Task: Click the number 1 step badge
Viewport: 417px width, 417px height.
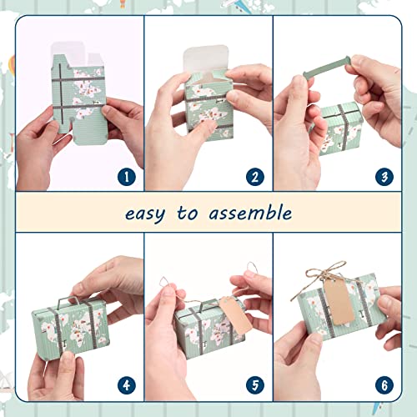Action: point(126,176)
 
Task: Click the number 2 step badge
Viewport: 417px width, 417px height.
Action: point(255,176)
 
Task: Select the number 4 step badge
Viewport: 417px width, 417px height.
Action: point(126,385)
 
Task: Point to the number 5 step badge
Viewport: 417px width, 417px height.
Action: point(255,385)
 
